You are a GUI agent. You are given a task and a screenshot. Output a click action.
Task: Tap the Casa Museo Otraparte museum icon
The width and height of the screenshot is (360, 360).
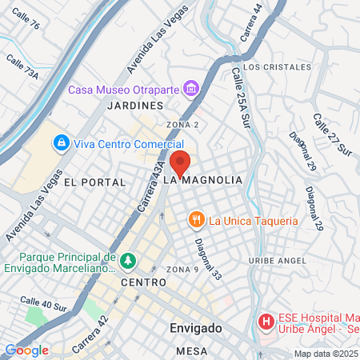(191, 86)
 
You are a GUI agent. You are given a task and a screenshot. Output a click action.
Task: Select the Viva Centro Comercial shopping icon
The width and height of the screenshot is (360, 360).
(60, 144)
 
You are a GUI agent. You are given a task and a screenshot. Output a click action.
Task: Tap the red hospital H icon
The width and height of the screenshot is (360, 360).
(266, 322)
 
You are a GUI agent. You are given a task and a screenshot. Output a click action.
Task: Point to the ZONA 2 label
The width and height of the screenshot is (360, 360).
(182, 125)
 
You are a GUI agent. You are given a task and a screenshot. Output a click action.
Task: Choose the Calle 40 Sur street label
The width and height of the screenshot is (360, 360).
(45, 304)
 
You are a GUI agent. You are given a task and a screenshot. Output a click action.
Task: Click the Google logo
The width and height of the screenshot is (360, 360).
(27, 350)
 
